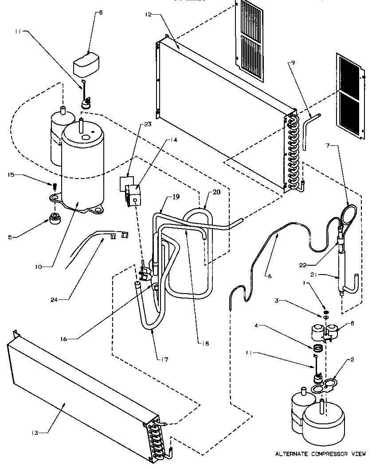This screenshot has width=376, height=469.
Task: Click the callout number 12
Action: pyautogui.click(x=147, y=15)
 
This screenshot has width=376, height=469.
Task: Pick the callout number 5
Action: pyautogui.click(x=9, y=237)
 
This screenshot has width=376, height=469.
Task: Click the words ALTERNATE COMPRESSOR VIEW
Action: pyautogui.click(x=321, y=454)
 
